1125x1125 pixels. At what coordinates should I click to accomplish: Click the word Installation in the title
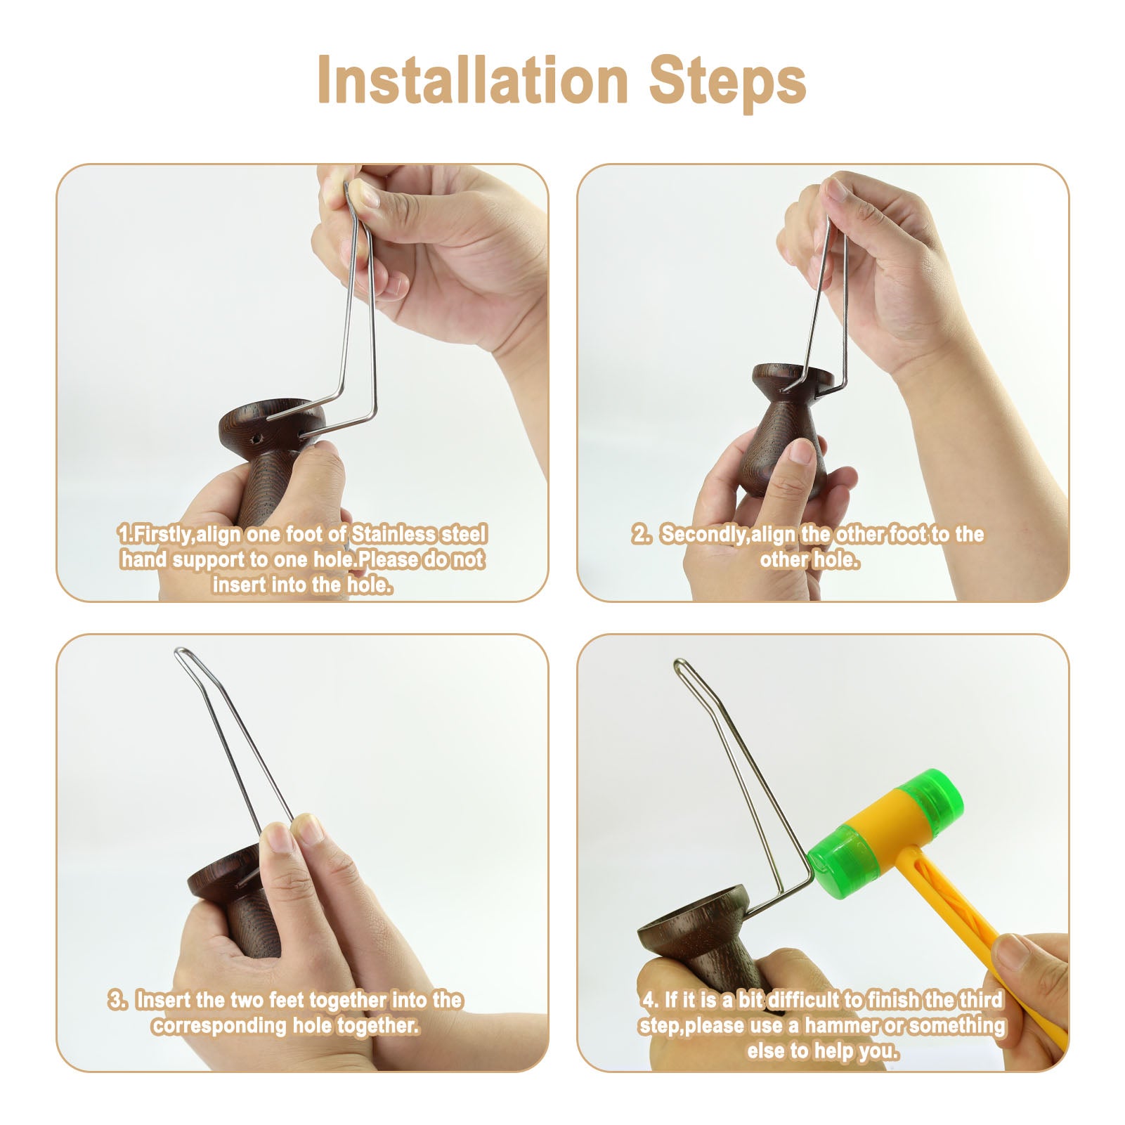pos(471,81)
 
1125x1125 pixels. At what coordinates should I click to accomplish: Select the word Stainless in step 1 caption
pos(394,534)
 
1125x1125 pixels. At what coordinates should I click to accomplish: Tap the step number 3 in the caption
pos(115,999)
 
